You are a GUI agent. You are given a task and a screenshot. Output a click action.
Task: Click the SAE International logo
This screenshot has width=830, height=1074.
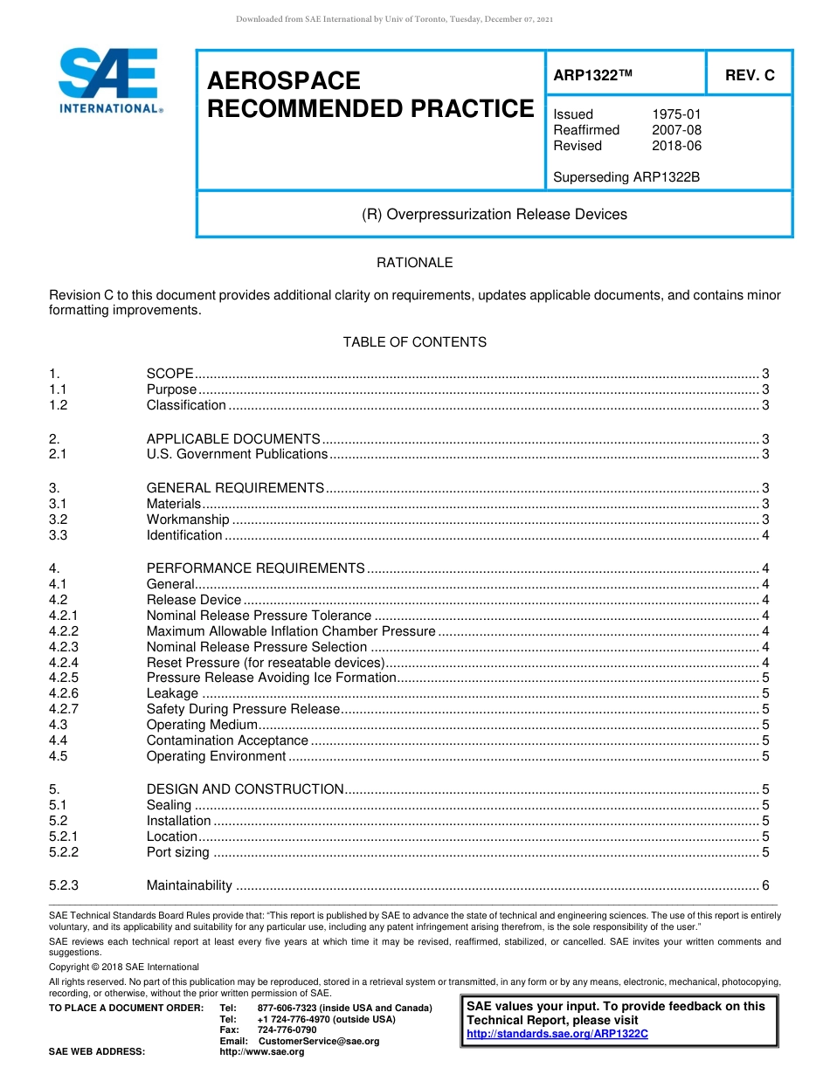point(109,80)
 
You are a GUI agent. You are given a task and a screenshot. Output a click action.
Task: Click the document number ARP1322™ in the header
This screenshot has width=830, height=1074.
point(592,76)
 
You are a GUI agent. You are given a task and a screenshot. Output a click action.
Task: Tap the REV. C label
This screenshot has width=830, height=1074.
point(749,76)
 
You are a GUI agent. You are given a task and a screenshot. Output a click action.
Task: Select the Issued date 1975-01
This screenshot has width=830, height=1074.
point(676,114)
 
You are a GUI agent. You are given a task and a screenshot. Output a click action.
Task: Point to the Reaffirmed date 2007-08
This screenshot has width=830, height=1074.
point(676,130)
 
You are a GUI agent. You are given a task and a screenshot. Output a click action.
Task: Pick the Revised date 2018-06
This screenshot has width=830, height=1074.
point(676,146)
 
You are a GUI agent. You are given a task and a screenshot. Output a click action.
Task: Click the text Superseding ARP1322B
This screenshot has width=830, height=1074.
point(626,177)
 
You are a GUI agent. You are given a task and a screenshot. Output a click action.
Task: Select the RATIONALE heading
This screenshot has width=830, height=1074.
point(414,263)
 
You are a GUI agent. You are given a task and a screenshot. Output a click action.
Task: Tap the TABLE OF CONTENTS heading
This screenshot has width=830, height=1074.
point(414,342)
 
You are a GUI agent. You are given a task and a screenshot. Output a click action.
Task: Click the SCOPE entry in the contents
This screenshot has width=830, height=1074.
point(169,374)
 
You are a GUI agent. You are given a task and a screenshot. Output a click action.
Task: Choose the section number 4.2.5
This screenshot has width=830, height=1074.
point(64,678)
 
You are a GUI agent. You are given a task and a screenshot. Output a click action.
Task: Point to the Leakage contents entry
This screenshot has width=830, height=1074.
point(173,693)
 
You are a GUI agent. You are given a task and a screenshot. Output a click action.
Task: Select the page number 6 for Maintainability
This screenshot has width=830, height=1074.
point(765,885)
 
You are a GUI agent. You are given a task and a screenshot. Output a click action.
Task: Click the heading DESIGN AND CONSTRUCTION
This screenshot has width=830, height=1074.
point(245,789)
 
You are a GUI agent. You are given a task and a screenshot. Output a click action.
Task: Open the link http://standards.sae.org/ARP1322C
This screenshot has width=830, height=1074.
point(557,1034)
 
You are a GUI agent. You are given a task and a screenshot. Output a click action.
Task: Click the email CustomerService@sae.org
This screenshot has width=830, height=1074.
point(319,1041)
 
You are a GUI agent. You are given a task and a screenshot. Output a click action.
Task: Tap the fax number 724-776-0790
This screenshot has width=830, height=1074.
point(287,1030)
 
